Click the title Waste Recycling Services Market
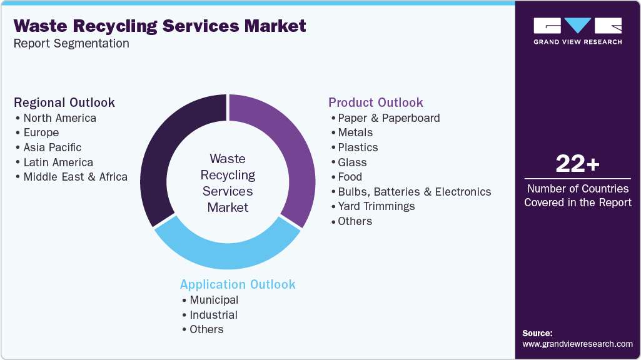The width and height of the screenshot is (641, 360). pos(160,26)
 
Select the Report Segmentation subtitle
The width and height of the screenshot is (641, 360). pos(71,44)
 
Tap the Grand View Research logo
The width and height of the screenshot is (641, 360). pos(577,31)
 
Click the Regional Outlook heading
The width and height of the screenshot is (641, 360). pos(64,102)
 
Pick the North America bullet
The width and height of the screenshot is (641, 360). pos(59,118)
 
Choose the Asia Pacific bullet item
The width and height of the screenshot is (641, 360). pos(52,147)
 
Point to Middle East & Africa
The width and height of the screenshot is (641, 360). pos(75,177)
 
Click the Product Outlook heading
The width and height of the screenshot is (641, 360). pos(376,102)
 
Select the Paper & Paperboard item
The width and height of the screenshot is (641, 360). pos(388,118)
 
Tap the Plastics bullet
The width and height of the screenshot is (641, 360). pos(358,147)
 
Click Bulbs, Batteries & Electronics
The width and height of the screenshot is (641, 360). pos(414,192)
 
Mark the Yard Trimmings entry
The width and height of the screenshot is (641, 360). pos(376,206)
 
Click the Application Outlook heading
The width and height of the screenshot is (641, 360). pos(238,284)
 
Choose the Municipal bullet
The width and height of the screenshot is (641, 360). pos(214,300)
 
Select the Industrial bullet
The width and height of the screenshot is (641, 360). pos(213,315)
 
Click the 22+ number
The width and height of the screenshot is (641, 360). pos(577,164)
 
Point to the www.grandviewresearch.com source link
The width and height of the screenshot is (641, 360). pos(577,344)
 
